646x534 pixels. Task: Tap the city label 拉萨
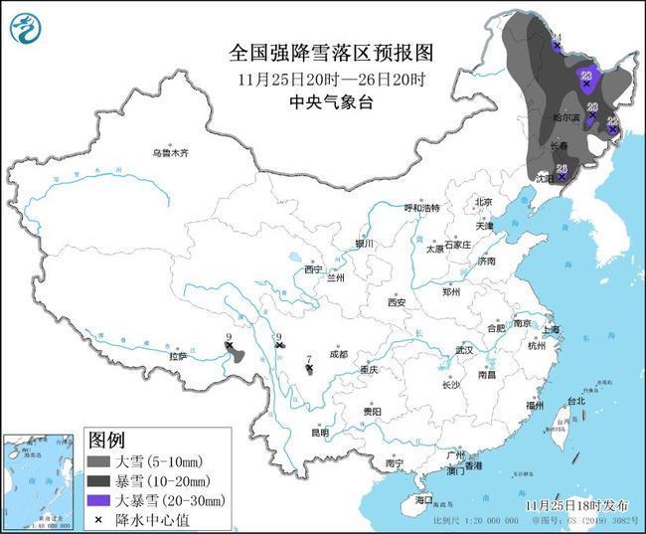point(178,355)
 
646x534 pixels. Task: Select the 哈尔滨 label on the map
point(567,117)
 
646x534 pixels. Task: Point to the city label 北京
point(484,202)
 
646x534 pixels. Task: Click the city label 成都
point(337,354)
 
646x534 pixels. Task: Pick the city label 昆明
point(319,433)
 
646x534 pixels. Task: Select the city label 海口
point(424,499)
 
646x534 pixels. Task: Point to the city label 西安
point(398,302)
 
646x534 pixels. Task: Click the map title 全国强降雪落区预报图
point(322,52)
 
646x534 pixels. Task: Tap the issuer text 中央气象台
point(322,100)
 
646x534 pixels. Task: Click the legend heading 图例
point(106,439)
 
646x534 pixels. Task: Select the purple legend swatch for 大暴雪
point(98,499)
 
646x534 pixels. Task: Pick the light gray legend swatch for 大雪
point(98,462)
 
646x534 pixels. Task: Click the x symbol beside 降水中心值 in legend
point(98,517)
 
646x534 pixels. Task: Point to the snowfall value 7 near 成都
point(310,359)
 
